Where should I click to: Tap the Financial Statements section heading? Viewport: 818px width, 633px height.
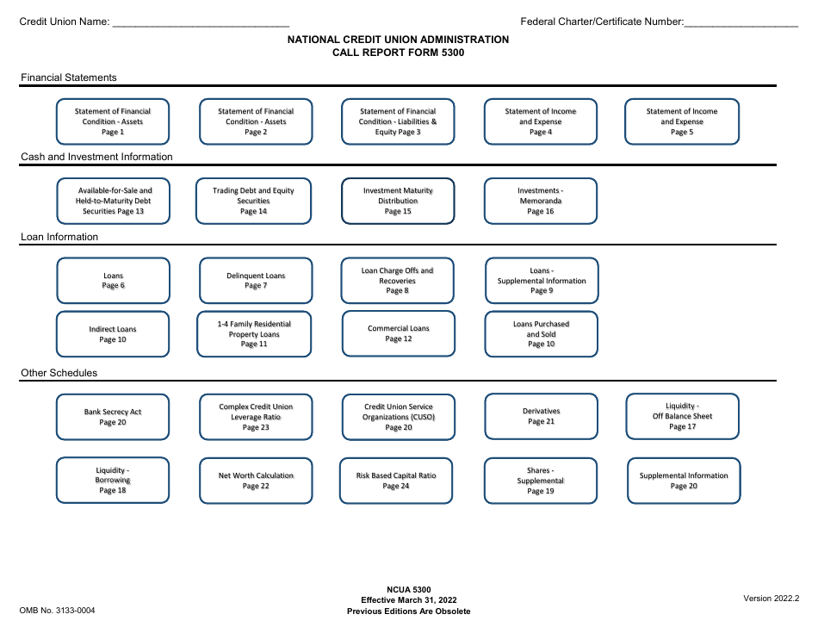pos(69,78)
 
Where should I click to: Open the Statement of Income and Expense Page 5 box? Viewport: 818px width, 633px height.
pos(681,121)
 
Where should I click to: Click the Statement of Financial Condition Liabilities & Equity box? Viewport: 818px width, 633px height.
pos(398,121)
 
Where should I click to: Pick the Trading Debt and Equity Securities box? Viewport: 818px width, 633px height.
pos(254,201)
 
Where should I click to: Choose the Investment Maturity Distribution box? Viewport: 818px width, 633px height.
pos(398,201)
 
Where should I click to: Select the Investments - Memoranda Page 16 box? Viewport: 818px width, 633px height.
pos(541,201)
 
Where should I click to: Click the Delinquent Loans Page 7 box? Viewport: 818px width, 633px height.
pos(256,281)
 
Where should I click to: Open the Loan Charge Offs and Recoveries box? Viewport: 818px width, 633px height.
pos(397,281)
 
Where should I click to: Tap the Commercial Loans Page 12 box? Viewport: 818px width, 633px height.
pos(398,333)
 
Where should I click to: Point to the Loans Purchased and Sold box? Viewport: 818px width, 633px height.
pos(541,333)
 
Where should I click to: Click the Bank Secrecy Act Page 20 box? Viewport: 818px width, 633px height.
pos(113,417)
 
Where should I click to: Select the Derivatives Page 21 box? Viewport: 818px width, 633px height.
pos(541,416)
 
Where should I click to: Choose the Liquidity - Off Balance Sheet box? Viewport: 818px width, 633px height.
pos(682,416)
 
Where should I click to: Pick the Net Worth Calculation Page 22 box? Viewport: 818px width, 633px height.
pos(256,481)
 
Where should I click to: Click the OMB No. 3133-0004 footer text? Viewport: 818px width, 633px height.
pos(58,611)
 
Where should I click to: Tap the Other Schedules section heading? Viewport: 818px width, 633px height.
pos(59,373)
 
